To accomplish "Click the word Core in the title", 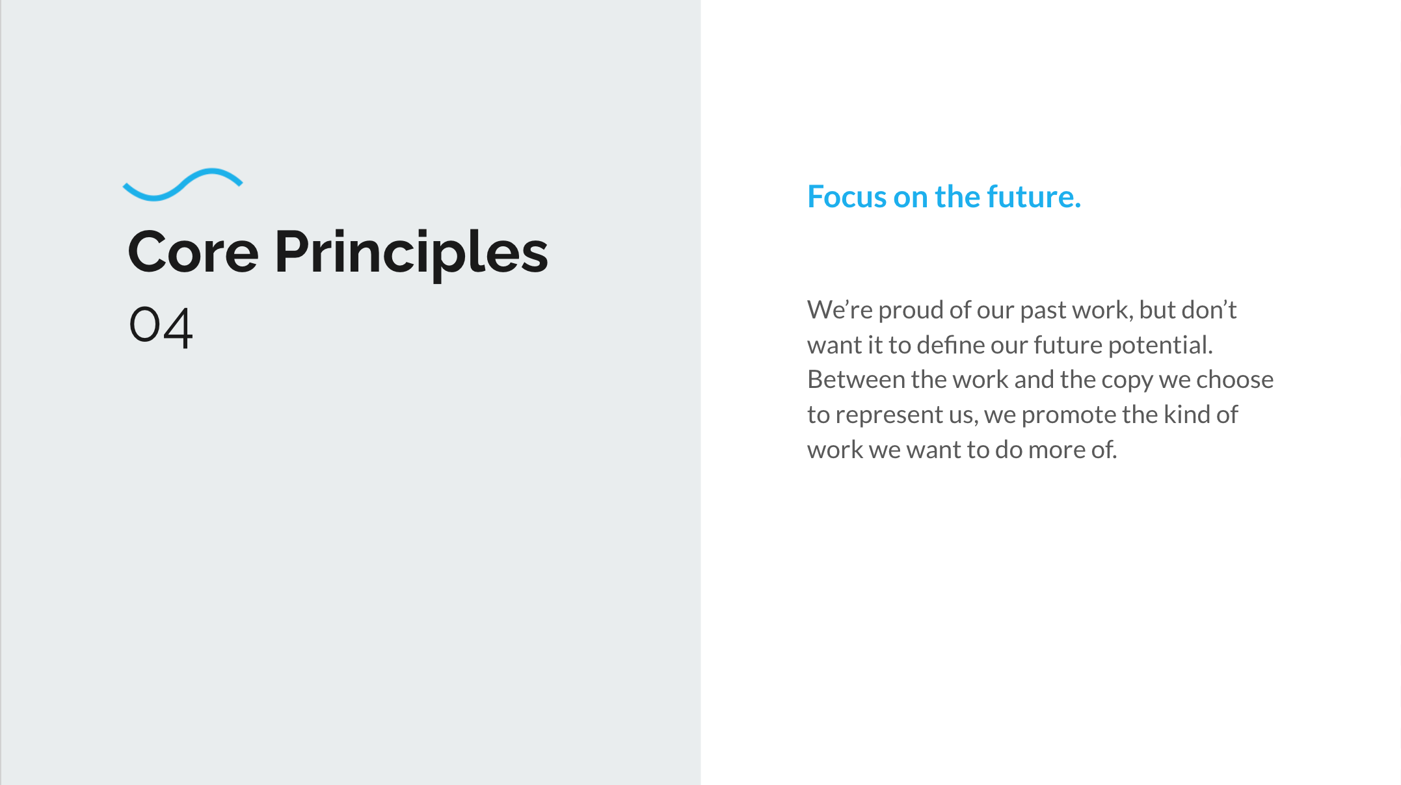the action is click(193, 252).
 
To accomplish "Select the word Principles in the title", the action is click(411, 254).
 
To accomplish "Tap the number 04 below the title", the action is click(161, 326).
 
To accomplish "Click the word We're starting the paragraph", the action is click(840, 310).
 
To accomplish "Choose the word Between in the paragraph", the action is click(856, 380).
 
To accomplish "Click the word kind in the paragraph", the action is click(1186, 415).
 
